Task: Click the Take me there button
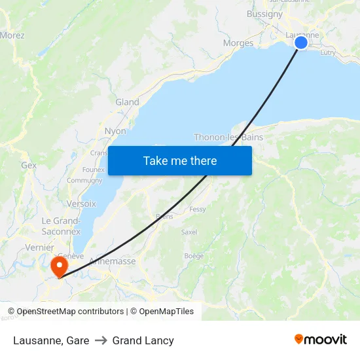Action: pos(180,160)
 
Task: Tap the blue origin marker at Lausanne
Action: pos(301,43)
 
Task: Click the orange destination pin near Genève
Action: pos(59,266)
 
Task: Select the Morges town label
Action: pos(238,43)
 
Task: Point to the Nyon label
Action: pos(115,131)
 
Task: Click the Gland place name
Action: pos(127,102)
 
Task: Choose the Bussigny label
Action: pos(264,14)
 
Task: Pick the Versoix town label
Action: pos(81,204)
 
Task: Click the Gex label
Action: pos(29,166)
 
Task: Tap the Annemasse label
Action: pos(112,261)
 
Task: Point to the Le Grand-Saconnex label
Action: pos(61,226)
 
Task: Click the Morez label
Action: pos(12,35)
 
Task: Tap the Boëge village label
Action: pos(194,256)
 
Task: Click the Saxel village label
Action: pos(189,232)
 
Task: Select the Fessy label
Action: pos(197,209)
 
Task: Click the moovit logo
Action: pos(321,340)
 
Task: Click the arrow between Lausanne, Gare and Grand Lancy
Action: pos(101,340)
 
